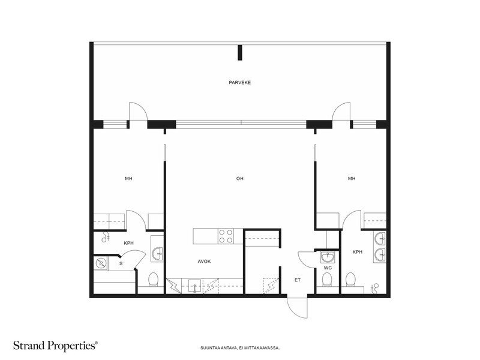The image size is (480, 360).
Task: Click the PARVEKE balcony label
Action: (239, 83)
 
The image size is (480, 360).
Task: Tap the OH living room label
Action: (239, 178)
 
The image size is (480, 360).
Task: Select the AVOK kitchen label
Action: (204, 262)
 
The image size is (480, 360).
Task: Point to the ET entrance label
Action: (298, 280)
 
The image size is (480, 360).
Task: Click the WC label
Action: (328, 268)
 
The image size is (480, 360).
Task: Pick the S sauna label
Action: (121, 263)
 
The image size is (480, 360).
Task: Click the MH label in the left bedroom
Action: (128, 178)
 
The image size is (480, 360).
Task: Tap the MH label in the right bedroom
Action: (352, 178)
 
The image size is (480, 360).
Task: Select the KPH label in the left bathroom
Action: (128, 243)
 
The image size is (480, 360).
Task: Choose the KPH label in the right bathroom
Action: (357, 252)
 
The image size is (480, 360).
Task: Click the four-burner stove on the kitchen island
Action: (226, 236)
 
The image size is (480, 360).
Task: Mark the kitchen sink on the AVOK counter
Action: (194, 286)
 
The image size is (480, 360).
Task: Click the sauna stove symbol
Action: (100, 263)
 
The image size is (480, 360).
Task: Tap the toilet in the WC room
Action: (327, 279)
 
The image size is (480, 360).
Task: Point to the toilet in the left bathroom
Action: (153, 280)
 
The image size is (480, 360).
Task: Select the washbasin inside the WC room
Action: (328, 257)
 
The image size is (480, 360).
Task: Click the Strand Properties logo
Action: (55, 346)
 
